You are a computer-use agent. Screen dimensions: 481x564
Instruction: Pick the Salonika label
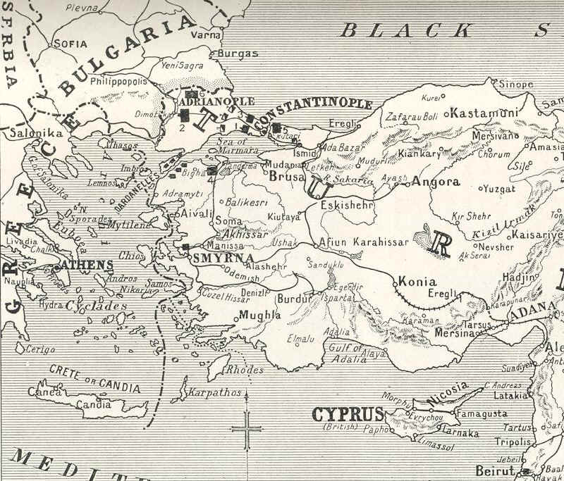pyautogui.click(x=35, y=132)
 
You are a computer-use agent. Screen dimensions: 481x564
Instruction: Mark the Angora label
pyautogui.click(x=435, y=182)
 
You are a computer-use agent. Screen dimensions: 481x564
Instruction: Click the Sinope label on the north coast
pyautogui.click(x=516, y=84)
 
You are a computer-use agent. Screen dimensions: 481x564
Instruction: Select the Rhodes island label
pyautogui.click(x=245, y=369)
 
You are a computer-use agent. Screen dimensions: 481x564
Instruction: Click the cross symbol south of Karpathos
pyautogui.click(x=247, y=425)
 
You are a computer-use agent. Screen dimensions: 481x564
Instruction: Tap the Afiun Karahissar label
pyautogui.click(x=366, y=242)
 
